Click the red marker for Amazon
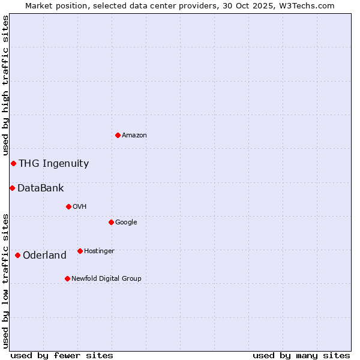(118, 135)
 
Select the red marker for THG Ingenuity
(13, 163)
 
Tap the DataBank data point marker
(12, 188)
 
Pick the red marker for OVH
(68, 206)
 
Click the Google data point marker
(111, 222)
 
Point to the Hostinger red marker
(80, 251)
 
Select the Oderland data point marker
(17, 255)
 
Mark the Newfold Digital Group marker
(67, 278)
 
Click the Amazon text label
(134, 136)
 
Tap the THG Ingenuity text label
(53, 164)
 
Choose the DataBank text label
(40, 188)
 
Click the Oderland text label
(44, 256)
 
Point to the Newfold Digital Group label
(106, 278)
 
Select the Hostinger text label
(99, 251)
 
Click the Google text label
(126, 222)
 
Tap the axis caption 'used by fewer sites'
(62, 355)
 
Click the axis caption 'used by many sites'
(301, 355)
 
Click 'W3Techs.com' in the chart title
(305, 5)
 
